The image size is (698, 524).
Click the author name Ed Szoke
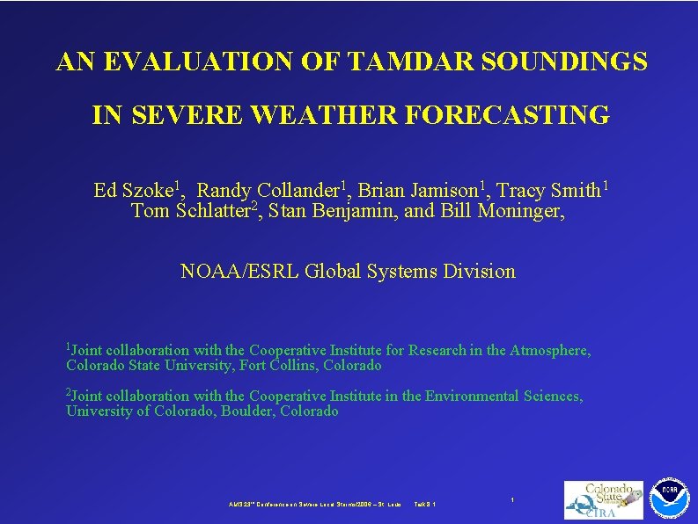tap(135, 191)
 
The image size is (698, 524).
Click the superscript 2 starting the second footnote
tap(69, 392)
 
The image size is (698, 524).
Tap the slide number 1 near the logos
tap(512, 499)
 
